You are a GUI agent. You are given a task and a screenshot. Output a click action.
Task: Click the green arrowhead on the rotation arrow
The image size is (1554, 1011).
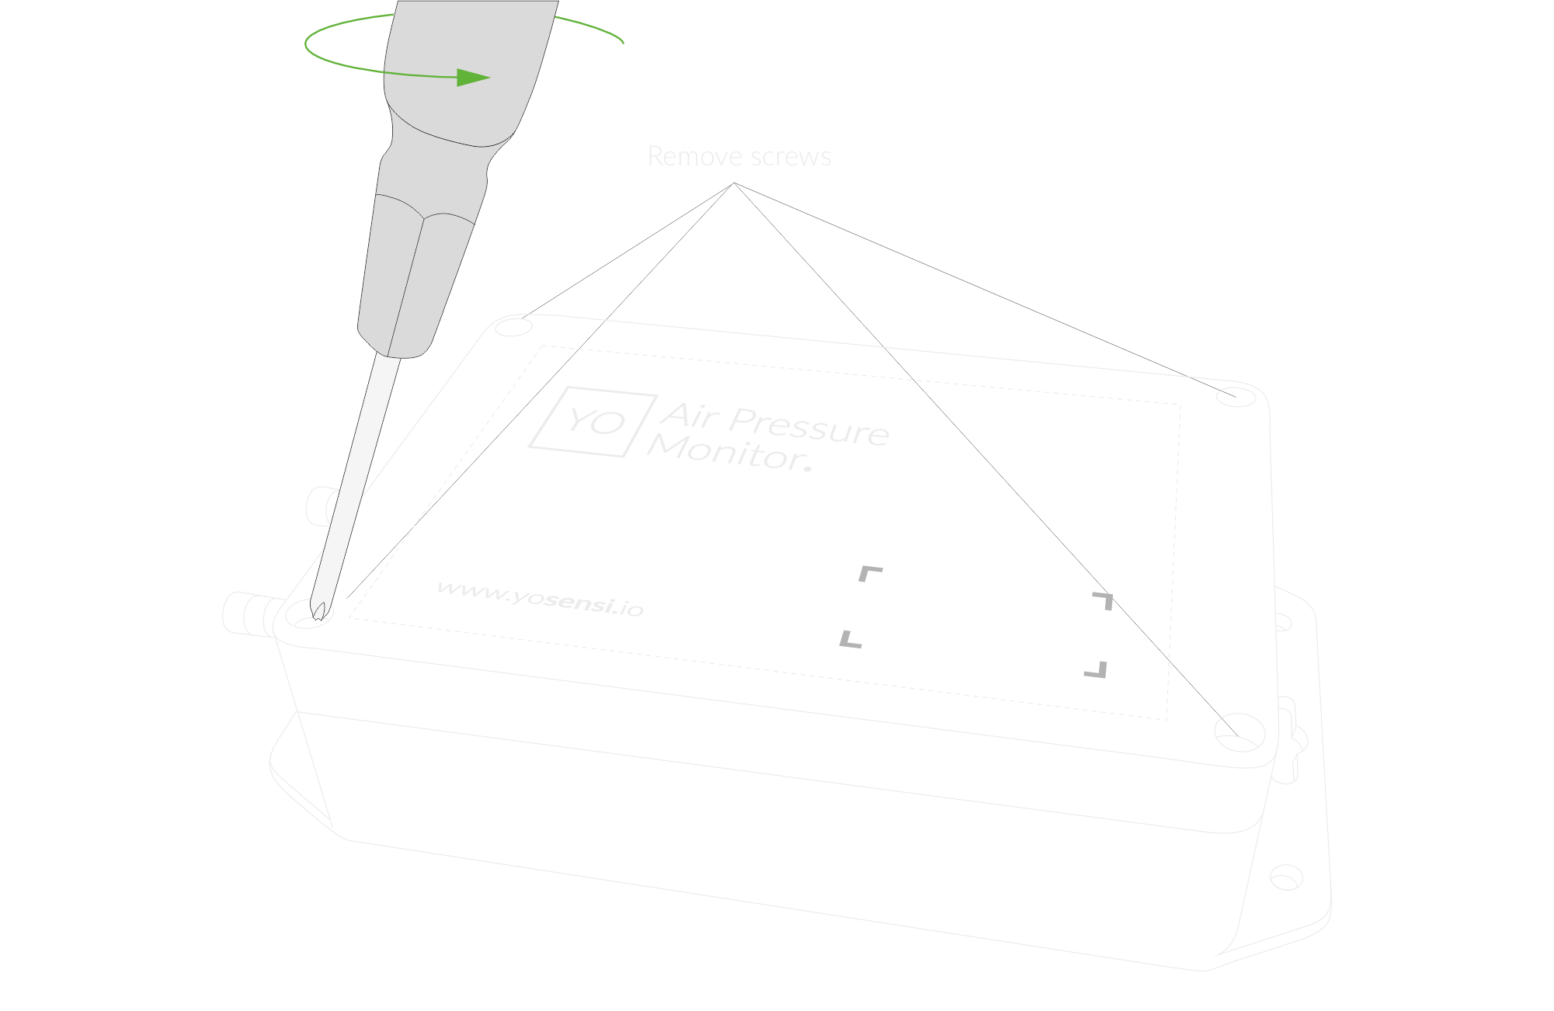[473, 77]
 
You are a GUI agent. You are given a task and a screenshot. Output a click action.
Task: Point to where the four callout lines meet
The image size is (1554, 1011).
[734, 183]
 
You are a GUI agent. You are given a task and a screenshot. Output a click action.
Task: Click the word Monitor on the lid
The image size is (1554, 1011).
[726, 452]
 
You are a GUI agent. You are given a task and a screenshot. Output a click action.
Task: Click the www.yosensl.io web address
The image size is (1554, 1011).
[541, 598]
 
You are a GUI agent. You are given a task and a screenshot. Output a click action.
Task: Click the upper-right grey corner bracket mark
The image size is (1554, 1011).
[1104, 600]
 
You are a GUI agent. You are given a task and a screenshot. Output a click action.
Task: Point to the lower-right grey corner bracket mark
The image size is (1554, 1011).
[1096, 669]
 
